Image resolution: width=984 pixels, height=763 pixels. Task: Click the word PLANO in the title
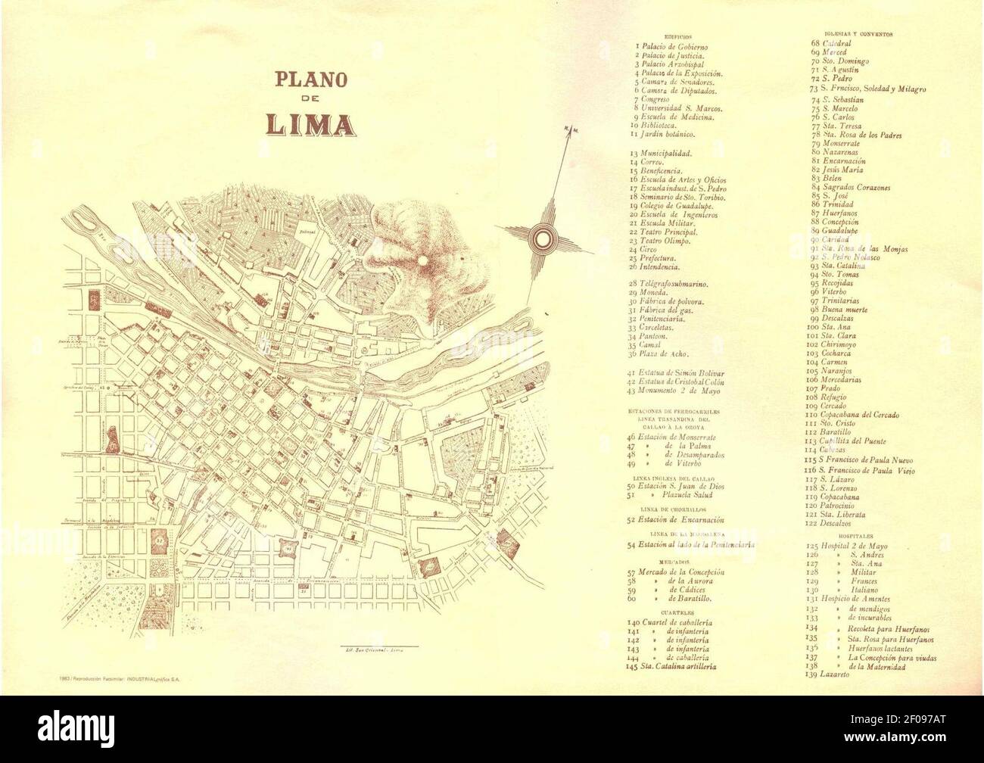click(x=310, y=79)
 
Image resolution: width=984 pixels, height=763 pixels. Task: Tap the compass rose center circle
click(x=543, y=238)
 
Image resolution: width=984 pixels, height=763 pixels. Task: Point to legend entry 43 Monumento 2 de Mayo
click(x=674, y=391)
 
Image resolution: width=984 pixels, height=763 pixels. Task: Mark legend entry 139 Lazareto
click(x=834, y=674)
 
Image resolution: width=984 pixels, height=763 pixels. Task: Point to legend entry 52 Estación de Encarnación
click(x=676, y=520)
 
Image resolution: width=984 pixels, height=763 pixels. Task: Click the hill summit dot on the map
click(x=422, y=260)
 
